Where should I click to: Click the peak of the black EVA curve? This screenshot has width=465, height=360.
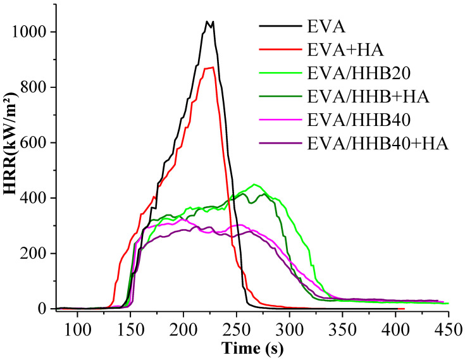144,22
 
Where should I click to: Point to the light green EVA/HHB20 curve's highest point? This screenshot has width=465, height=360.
254,185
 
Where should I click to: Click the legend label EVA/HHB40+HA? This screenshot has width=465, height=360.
378,144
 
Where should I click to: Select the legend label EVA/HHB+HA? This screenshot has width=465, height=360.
368,97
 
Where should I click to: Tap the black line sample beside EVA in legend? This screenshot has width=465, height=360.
279,26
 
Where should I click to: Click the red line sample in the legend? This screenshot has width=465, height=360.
279,49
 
